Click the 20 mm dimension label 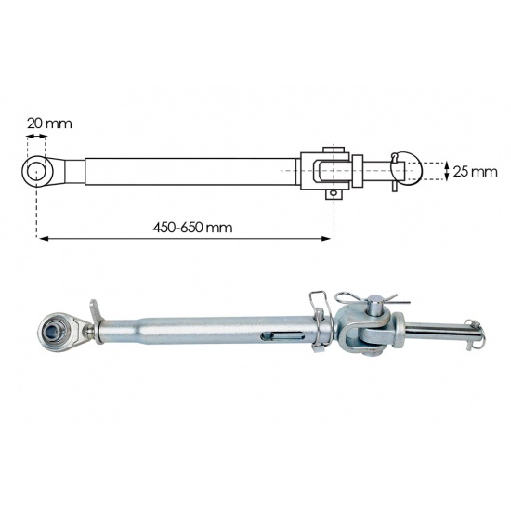pos(49,124)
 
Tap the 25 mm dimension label pos(475,172)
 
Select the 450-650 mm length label pos(192,228)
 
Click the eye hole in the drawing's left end pos(35,171)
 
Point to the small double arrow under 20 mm pos(36,136)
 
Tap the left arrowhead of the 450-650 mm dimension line pos(44,239)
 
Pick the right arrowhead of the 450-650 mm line pos(326,239)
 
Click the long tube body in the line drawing pos(192,172)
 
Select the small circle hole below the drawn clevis pos(333,193)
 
